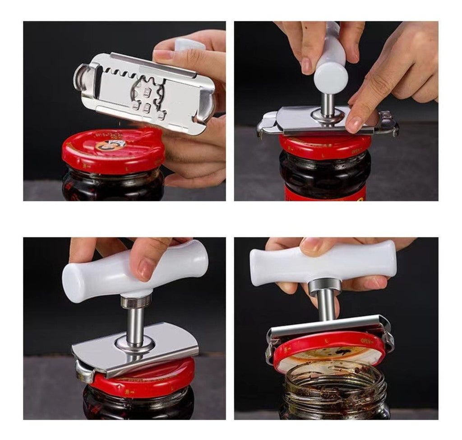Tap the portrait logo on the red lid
111,145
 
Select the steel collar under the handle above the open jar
325,285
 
